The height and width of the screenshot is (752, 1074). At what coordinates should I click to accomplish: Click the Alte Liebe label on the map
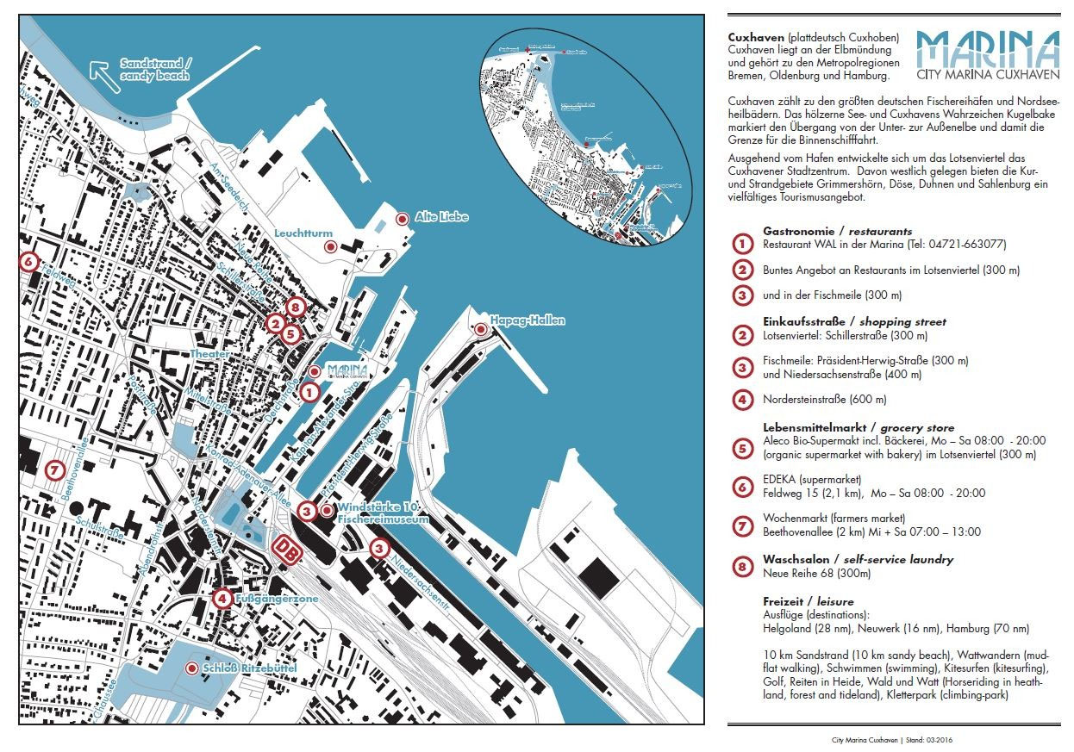[x=441, y=217]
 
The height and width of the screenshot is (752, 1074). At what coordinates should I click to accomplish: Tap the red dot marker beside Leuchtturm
[x=328, y=247]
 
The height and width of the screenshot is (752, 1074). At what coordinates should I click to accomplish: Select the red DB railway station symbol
[x=288, y=550]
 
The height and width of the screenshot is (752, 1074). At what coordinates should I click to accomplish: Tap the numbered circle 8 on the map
[x=296, y=306]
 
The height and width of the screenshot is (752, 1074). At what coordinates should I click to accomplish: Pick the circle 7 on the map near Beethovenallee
[x=54, y=470]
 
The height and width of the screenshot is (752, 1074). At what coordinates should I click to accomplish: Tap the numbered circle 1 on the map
[x=309, y=391]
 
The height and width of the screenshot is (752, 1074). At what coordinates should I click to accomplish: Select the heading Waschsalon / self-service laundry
[x=858, y=559]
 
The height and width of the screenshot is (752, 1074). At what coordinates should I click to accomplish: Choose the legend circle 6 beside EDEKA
[x=741, y=487]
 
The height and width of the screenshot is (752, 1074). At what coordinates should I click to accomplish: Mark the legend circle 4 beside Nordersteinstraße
[x=741, y=400]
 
